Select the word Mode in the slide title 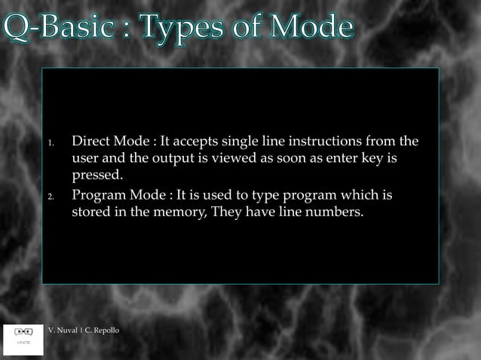(x=304, y=28)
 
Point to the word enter (x=320, y=160)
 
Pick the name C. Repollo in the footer (x=101, y=331)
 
